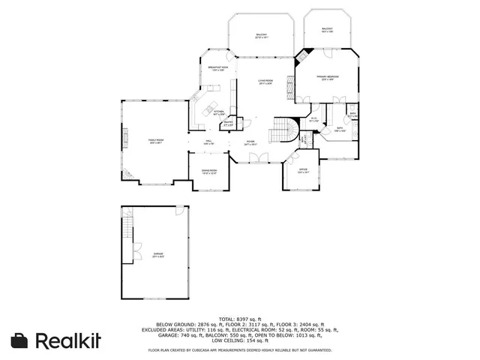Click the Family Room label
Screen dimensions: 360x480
(156, 141)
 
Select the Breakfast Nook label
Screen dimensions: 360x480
(218, 68)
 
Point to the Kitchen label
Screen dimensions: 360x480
(219, 112)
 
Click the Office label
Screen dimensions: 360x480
(303, 170)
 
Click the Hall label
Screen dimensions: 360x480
(208, 141)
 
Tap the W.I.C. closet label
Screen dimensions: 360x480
(314, 118)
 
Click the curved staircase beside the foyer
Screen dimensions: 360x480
(288, 132)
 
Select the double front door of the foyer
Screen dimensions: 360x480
(259, 157)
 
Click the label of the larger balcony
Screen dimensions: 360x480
(261, 35)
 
